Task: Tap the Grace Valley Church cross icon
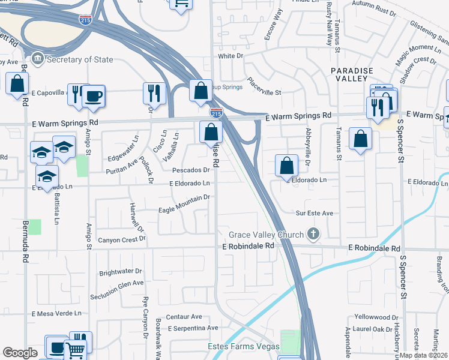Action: pos(312,234)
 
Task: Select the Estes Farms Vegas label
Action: pos(244,347)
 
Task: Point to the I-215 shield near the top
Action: pos(85,20)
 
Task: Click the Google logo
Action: pos(20,353)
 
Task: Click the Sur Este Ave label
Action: pos(314,213)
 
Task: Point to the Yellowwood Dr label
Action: pos(376,316)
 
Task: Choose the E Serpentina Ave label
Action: pos(193,328)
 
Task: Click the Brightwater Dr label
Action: pos(120,271)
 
